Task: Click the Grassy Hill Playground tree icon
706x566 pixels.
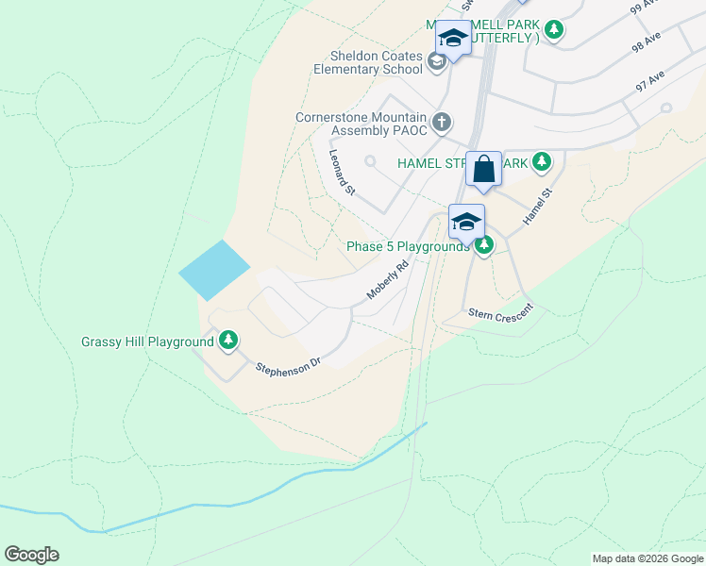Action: click(x=227, y=341)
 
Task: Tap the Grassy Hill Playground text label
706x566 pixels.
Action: click(x=147, y=341)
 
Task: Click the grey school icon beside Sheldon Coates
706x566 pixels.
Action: click(x=436, y=62)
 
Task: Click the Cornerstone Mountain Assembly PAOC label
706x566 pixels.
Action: click(x=361, y=123)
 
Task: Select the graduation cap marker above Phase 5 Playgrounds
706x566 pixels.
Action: click(x=466, y=223)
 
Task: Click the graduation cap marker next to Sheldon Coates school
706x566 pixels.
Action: click(x=453, y=39)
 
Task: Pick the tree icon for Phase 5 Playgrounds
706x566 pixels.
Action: click(x=484, y=246)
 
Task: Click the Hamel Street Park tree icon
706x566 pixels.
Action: click(x=541, y=162)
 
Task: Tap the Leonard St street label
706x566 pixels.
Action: click(x=341, y=173)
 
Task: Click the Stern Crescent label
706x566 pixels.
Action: click(x=500, y=310)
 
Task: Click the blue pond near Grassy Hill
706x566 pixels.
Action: click(x=215, y=270)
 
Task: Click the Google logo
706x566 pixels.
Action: click(x=31, y=555)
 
